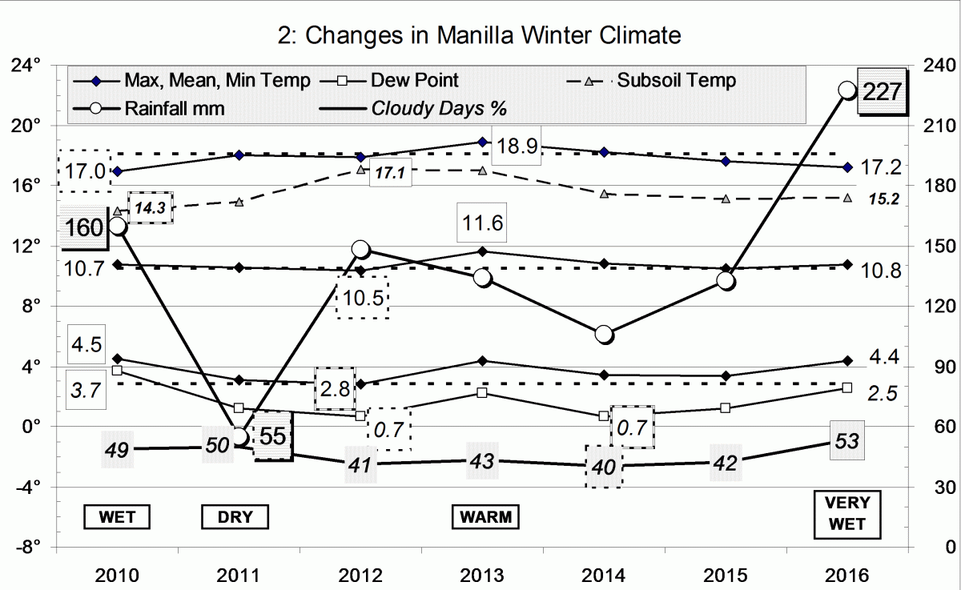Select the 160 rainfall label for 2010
(85, 227)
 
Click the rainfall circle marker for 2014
(605, 334)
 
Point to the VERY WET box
(847, 516)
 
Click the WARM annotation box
(485, 516)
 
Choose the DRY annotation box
(235, 516)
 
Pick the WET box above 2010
(117, 516)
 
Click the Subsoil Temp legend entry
(675, 81)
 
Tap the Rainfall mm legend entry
(174, 108)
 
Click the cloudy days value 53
(846, 439)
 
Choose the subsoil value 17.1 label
(390, 172)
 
